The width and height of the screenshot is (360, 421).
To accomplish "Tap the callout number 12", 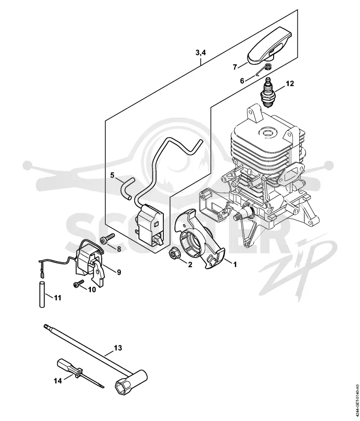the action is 290,83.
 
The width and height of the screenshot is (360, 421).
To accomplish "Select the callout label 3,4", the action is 200,52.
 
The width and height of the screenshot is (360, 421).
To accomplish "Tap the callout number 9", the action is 118,272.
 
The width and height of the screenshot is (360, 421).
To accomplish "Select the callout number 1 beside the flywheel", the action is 235,264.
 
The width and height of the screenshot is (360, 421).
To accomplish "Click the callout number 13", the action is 117,348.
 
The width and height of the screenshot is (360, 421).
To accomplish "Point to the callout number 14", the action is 58,380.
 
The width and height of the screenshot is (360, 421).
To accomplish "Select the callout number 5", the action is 112,175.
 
